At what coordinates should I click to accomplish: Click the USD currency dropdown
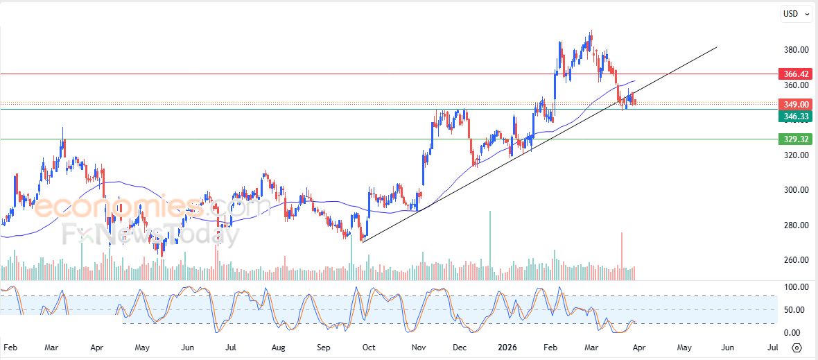796,14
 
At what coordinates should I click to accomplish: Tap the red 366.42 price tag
794,74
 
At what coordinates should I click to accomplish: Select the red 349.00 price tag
794,105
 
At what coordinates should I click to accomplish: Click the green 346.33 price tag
794,117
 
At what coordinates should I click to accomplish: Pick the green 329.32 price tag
794,139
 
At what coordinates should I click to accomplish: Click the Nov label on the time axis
418,348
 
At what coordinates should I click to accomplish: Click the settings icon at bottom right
797,348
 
